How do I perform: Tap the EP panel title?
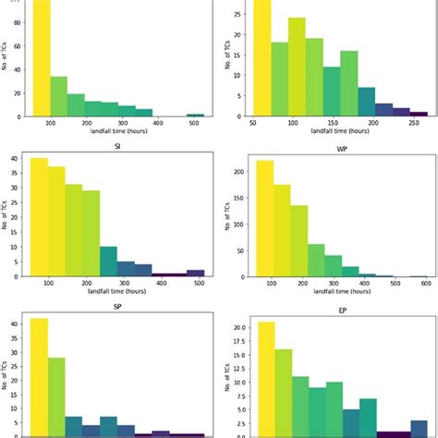[x=335, y=310]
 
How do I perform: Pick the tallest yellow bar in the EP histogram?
[x=266, y=379]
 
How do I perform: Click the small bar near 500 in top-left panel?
[x=195, y=116]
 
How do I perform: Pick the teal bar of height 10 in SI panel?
[x=109, y=262]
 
